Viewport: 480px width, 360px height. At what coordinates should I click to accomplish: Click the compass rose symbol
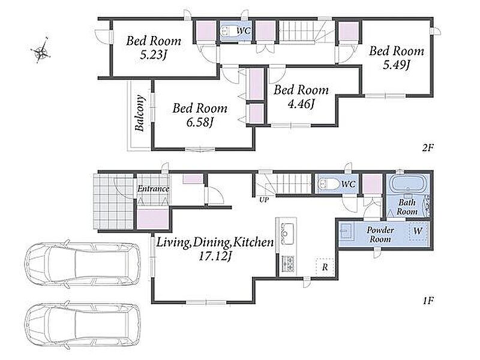[x=41, y=52]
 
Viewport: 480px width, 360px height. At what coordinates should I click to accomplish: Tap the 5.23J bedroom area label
[x=154, y=55]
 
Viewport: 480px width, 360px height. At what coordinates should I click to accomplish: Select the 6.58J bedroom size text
[x=200, y=122]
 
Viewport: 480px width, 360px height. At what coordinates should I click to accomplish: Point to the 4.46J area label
[x=301, y=104]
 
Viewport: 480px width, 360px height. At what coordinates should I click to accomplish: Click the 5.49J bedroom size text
[x=397, y=65]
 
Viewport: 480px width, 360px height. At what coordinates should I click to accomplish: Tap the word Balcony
[x=140, y=113]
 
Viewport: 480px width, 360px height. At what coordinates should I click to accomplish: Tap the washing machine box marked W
[x=418, y=231]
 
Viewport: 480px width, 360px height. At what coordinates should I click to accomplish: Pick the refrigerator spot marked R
[x=325, y=267]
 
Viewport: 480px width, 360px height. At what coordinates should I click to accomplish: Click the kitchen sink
[x=287, y=234]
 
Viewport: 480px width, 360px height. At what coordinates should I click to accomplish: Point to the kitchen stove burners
[x=289, y=264]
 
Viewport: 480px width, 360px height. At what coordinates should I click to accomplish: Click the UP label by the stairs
[x=264, y=200]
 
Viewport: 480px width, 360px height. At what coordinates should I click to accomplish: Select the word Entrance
[x=153, y=188]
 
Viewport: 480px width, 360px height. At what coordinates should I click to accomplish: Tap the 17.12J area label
[x=214, y=257]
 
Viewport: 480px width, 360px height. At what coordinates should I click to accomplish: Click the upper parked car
[x=83, y=264]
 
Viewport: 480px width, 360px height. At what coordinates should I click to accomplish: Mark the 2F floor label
[x=428, y=148]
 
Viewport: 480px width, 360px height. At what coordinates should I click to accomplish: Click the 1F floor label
[x=428, y=301]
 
